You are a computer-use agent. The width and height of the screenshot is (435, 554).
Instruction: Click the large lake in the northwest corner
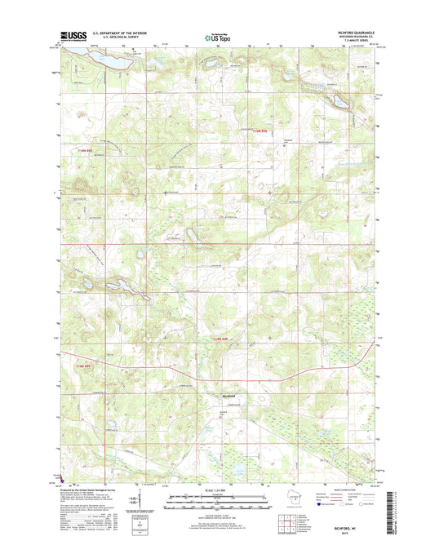pyautogui.click(x=108, y=60)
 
